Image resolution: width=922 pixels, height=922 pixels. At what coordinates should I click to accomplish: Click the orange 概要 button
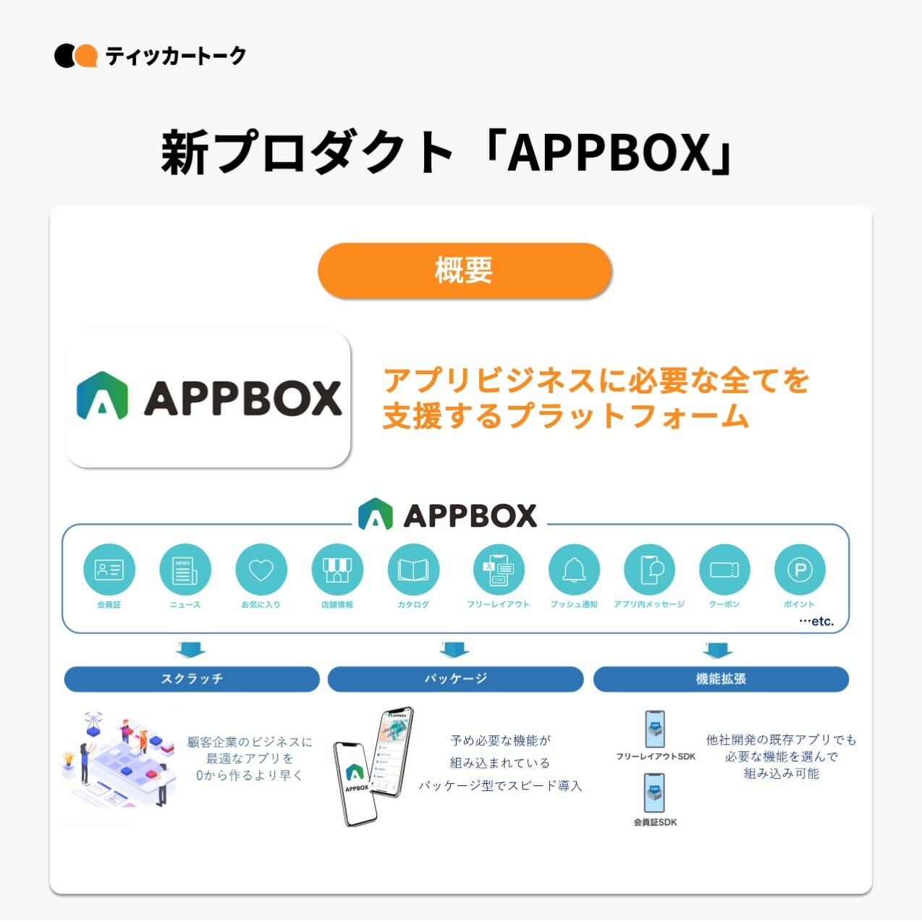click(x=465, y=271)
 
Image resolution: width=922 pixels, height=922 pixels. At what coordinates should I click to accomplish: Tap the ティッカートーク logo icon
click(x=75, y=56)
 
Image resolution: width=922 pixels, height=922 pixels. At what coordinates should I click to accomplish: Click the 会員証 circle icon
click(x=109, y=570)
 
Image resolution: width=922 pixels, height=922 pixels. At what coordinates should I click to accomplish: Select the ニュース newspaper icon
click(x=185, y=570)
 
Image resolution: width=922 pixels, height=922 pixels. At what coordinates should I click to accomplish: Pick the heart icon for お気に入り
click(x=261, y=570)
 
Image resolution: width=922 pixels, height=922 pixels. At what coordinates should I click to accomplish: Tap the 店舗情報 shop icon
click(x=337, y=570)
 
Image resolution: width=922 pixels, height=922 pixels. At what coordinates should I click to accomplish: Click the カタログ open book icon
click(x=413, y=570)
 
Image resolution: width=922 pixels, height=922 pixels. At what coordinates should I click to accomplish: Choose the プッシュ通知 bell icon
click(x=574, y=570)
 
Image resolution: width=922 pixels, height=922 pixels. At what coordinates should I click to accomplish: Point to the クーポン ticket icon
click(x=724, y=570)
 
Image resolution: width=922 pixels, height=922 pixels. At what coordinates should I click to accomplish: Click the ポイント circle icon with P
click(x=800, y=570)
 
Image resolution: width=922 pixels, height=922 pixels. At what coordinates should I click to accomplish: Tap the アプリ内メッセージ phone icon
click(x=649, y=570)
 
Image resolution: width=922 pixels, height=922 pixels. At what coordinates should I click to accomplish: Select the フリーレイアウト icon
click(x=498, y=570)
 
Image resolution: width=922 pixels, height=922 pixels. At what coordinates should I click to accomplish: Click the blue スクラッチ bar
click(x=192, y=679)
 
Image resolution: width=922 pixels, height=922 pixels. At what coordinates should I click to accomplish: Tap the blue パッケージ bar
click(x=455, y=679)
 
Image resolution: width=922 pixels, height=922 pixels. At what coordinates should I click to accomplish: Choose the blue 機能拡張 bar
click(x=721, y=679)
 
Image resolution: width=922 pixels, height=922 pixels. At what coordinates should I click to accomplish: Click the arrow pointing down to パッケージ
click(x=454, y=648)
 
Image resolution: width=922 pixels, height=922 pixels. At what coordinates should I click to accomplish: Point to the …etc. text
click(x=816, y=621)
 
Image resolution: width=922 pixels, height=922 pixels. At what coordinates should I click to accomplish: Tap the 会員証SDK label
click(x=655, y=822)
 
